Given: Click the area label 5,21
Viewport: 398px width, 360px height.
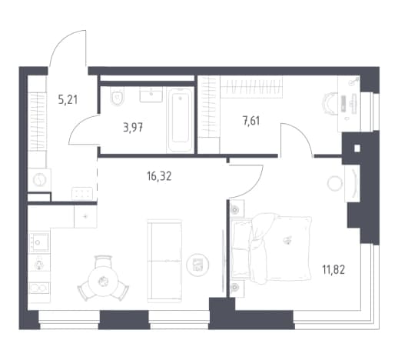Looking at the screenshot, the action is point(68,99).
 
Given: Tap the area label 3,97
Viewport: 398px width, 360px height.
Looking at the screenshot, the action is point(133,127).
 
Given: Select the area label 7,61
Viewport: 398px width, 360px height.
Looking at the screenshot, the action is point(251,121).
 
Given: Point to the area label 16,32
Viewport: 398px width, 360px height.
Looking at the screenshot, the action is point(159,176).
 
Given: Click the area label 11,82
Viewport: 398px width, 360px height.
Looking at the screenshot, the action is point(333,270).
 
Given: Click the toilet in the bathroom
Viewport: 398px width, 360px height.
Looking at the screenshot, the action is point(118,96).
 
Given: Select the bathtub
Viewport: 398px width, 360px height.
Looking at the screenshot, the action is point(181,120).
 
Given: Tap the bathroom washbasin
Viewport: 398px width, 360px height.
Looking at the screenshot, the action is point(151,95).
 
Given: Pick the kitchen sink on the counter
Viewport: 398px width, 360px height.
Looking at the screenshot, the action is point(39,242).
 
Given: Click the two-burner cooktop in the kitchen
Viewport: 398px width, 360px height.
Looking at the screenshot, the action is point(39,288).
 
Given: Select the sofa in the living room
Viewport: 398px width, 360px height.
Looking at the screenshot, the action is point(165,259).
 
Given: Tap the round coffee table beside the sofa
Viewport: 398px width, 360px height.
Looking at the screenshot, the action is point(197,265).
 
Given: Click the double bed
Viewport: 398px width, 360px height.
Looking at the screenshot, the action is point(271,248).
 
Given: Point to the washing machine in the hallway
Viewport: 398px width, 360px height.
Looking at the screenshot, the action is point(39,179).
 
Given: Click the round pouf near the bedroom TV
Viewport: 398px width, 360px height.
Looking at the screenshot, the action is point(334,184).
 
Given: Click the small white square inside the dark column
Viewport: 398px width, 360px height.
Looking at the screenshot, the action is point(357,148).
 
